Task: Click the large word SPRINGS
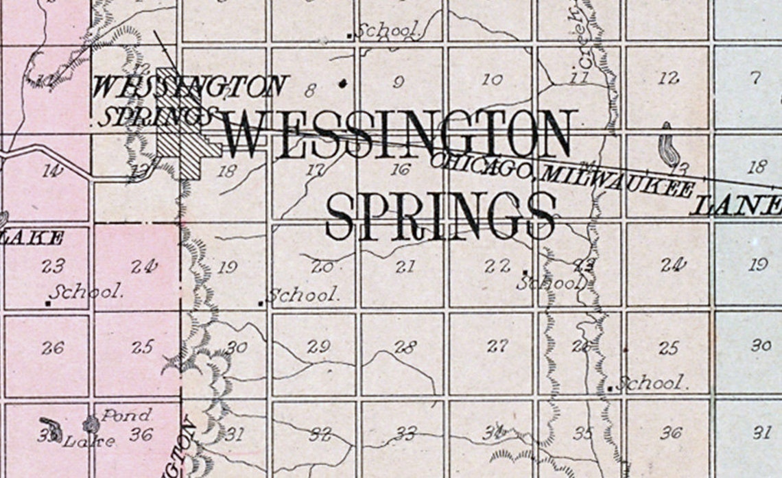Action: click(x=440, y=215)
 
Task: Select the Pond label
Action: click(x=126, y=415)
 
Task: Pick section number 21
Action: click(x=405, y=267)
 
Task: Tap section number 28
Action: click(x=405, y=347)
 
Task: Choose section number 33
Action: click(x=406, y=433)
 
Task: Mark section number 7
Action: click(x=755, y=77)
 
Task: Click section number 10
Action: click(x=492, y=80)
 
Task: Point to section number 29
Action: click(x=318, y=346)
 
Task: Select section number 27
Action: click(x=497, y=346)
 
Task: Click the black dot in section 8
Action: click(x=343, y=84)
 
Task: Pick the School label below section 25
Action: click(x=650, y=383)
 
